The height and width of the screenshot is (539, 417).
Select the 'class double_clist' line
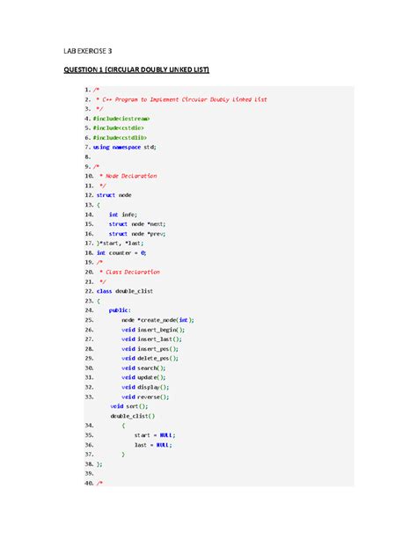(124, 290)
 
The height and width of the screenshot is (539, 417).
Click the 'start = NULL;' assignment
(155, 435)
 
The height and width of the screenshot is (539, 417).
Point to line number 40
(87, 483)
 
